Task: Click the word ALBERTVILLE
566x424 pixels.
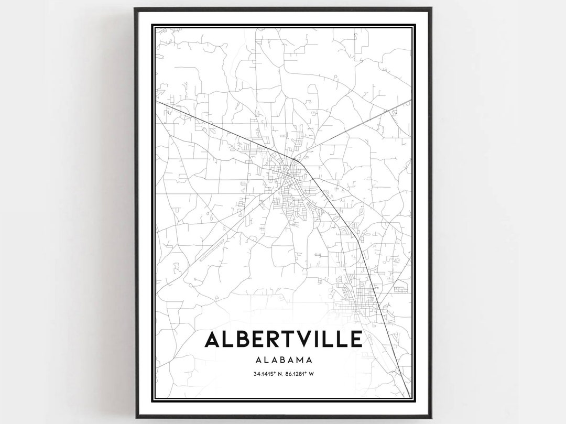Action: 283,340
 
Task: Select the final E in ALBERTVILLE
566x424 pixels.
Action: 355,340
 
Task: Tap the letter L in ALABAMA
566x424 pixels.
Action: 265,360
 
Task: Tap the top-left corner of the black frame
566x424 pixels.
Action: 135,8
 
